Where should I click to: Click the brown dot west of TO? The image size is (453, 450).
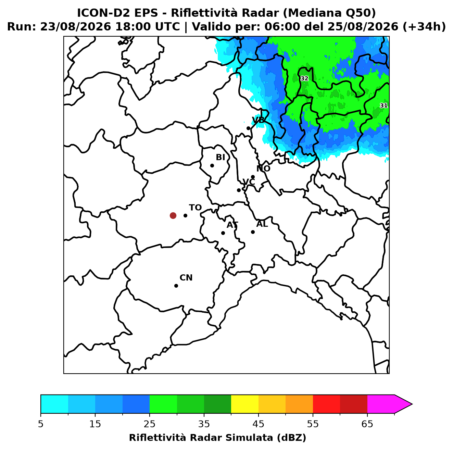coord(173,215)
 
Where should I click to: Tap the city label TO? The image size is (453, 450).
coord(196,208)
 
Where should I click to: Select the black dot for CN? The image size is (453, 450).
coord(176,286)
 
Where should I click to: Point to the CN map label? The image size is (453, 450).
coord(186,278)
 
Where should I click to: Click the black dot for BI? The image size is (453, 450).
coord(212,166)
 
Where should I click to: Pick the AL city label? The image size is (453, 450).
coord(262,224)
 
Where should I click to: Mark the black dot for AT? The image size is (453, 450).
coord(223,233)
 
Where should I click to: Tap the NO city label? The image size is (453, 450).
coord(263,168)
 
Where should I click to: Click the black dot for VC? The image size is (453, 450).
coord(239,190)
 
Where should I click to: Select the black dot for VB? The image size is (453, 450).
coord(249,128)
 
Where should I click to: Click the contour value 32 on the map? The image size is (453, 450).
coord(304,78)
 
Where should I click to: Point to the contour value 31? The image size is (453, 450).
coord(383,105)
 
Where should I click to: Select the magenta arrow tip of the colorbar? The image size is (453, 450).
coord(412,404)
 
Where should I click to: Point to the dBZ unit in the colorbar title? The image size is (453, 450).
coord(291,438)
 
